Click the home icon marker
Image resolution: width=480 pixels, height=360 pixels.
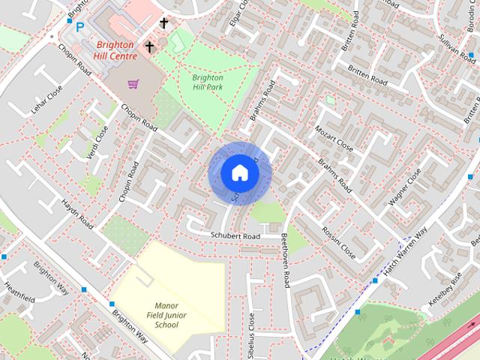point(239,173)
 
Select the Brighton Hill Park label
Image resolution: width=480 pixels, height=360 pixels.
point(208,82)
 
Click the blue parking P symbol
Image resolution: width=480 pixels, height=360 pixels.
point(79,28)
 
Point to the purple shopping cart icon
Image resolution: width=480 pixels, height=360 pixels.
point(133,84)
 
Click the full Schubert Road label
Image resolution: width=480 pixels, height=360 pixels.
point(234,236)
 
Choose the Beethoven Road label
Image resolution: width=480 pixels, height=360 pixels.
point(285,259)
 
